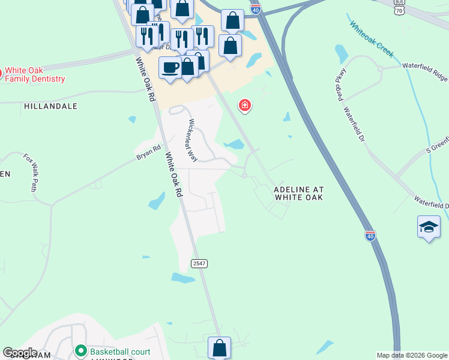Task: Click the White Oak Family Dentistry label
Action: [x=35, y=74]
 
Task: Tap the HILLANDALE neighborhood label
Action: [x=51, y=106]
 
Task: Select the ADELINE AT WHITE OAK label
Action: [x=298, y=193]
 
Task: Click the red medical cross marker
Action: [x=245, y=106]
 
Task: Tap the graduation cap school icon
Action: [x=429, y=227]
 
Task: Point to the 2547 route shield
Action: [x=199, y=264]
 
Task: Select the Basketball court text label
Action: [x=120, y=351]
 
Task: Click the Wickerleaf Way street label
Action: [x=193, y=140]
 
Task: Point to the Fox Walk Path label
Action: [x=31, y=172]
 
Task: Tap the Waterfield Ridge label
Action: [x=426, y=71]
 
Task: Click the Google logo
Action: [x=20, y=353]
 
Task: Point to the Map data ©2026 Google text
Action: [x=411, y=355]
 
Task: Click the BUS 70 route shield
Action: [x=400, y=7]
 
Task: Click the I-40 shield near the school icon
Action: [x=370, y=235]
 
